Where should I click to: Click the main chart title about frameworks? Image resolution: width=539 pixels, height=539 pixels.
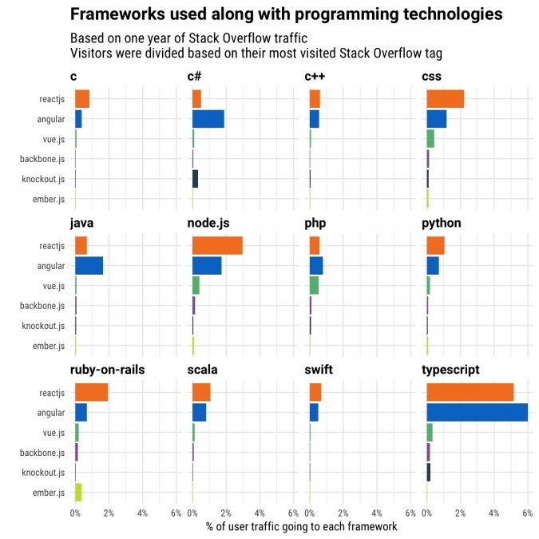click(x=286, y=14)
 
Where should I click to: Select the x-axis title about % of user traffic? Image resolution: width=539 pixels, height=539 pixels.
click(x=301, y=526)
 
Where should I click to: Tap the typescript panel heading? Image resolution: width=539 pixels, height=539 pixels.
click(x=452, y=370)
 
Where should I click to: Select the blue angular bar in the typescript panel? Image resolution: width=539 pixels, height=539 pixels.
click(x=477, y=412)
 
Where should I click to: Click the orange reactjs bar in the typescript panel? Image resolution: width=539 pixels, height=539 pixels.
click(x=470, y=392)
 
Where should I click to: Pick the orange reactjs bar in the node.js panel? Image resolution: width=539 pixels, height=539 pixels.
click(x=217, y=245)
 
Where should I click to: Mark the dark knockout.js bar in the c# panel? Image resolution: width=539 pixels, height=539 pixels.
click(x=195, y=178)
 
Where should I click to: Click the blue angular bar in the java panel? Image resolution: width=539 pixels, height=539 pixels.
click(x=89, y=265)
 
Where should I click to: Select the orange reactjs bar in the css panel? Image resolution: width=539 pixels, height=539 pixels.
click(x=445, y=98)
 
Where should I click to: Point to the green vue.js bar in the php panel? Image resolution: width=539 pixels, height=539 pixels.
click(x=314, y=285)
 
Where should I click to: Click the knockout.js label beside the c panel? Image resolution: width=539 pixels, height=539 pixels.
click(x=43, y=178)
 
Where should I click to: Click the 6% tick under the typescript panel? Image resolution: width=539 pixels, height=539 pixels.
click(x=527, y=513)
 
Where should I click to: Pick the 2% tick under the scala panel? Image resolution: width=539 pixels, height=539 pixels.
click(x=226, y=513)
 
